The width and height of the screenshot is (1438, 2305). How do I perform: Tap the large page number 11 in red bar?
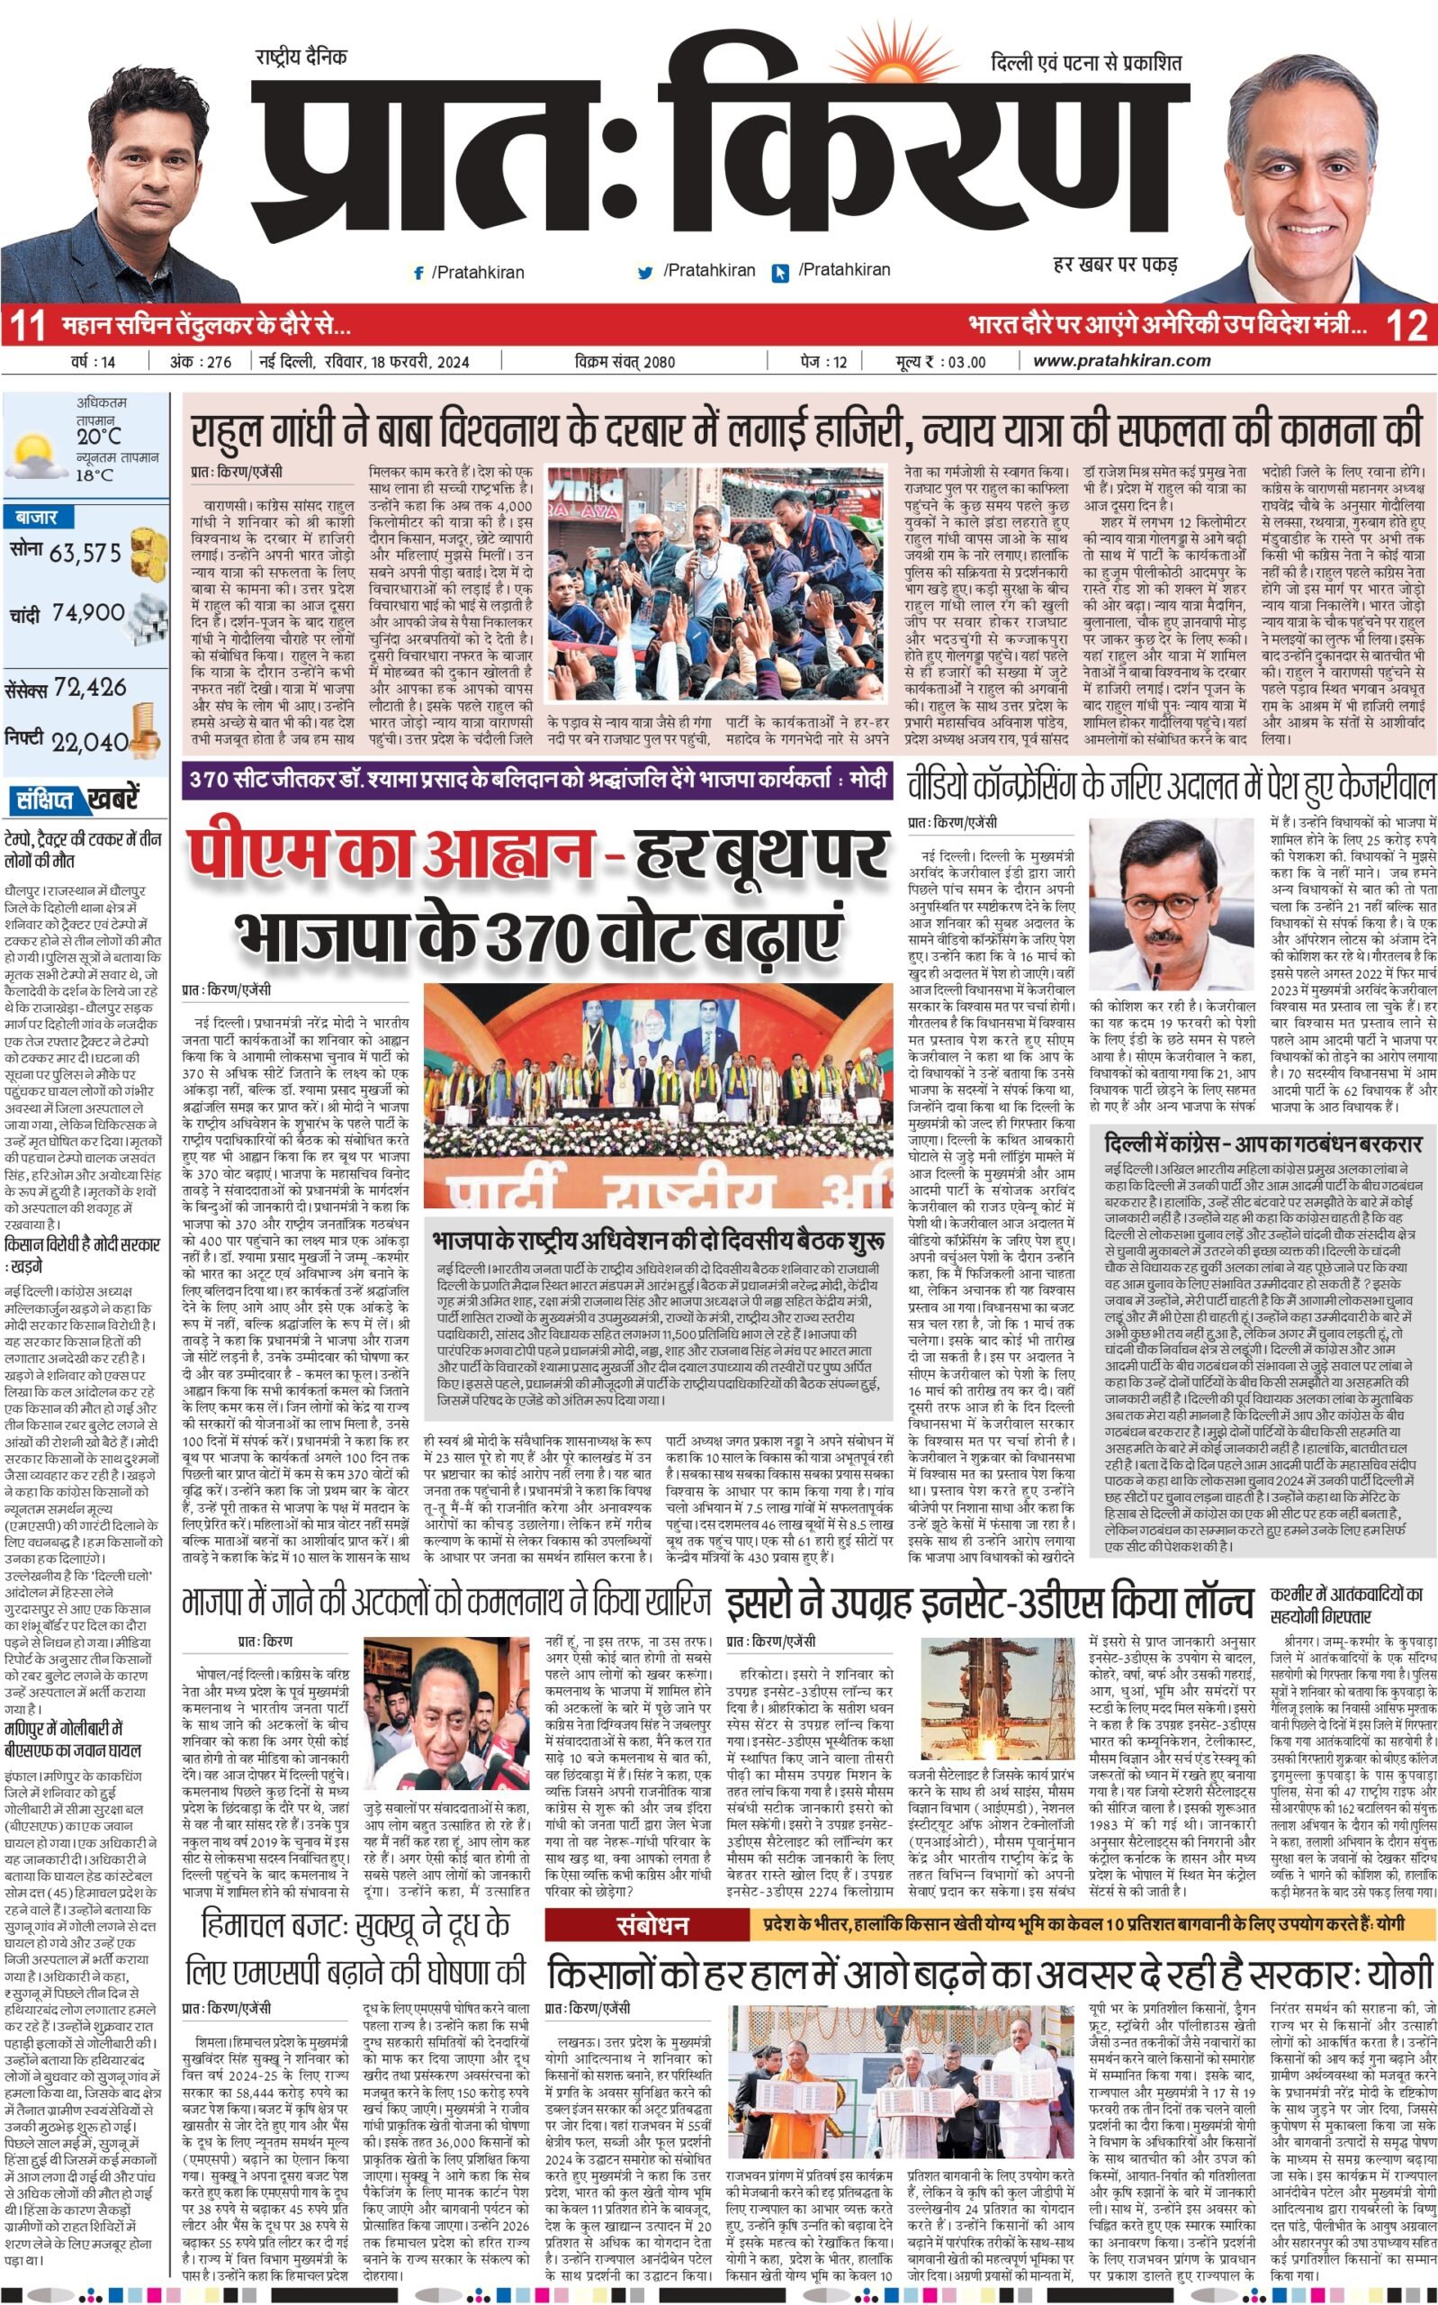click(27, 325)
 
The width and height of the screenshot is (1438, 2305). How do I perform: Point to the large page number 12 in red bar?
click(1407, 325)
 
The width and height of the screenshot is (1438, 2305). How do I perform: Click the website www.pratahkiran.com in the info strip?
click(1121, 360)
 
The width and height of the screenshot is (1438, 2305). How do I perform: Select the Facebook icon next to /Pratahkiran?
click(418, 273)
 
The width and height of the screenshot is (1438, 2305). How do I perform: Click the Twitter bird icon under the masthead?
click(646, 272)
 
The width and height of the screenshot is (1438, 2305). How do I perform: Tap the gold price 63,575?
click(85, 553)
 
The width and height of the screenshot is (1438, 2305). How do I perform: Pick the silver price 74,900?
click(88, 612)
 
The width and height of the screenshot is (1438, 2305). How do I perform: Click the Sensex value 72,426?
click(90, 687)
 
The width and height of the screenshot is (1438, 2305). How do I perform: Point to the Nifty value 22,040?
click(89, 742)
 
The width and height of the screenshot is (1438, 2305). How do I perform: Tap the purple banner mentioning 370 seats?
click(537, 780)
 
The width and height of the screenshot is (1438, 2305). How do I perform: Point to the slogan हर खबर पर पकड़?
click(1116, 264)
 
